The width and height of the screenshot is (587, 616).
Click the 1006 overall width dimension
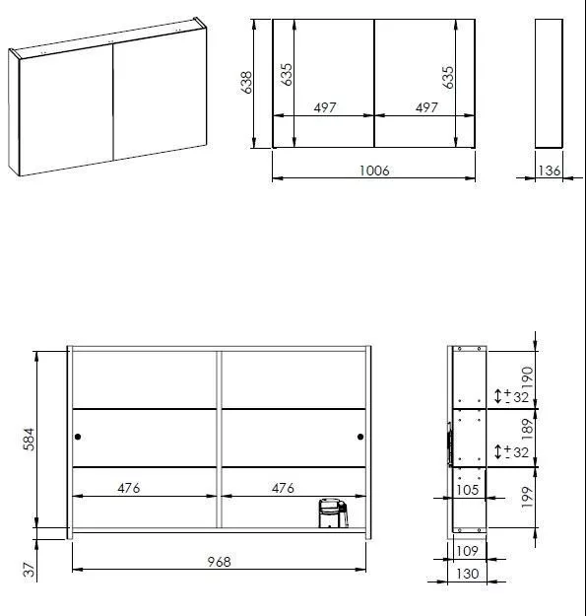(374, 171)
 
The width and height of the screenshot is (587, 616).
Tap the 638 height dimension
(246, 83)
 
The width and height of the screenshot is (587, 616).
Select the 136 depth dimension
(549, 171)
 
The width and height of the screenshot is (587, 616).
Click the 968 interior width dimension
(219, 562)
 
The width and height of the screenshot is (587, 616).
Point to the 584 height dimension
(30, 440)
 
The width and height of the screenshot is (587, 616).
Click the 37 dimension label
(30, 570)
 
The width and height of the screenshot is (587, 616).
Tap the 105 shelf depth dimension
(467, 490)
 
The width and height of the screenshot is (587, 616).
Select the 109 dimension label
(467, 551)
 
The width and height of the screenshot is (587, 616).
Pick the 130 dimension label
(467, 574)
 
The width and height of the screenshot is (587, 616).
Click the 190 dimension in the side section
(527, 377)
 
